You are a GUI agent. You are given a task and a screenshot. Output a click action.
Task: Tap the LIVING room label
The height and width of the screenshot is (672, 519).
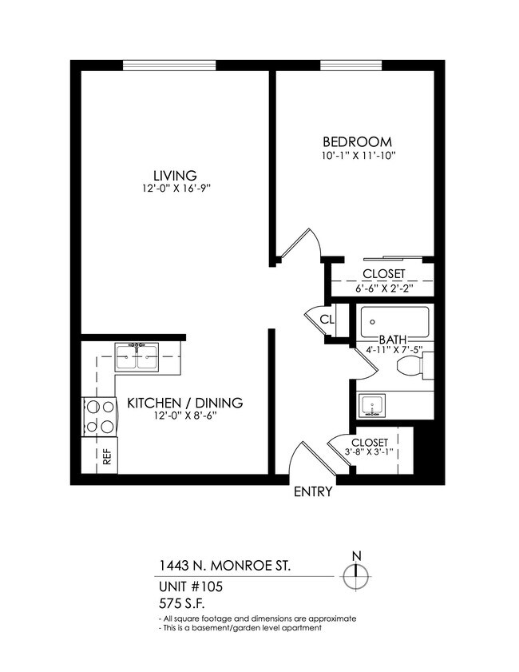tap(175, 175)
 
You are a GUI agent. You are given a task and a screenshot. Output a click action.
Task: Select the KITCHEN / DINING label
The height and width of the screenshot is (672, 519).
tap(185, 403)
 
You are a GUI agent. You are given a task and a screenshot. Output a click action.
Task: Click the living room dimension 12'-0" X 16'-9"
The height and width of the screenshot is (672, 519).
tap(175, 189)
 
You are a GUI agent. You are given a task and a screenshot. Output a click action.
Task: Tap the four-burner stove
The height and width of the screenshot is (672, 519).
tap(100, 416)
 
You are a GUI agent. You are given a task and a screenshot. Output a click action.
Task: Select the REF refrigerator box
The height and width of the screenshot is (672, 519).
tap(105, 457)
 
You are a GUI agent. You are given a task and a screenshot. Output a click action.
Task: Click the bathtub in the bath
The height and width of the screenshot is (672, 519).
tap(394, 322)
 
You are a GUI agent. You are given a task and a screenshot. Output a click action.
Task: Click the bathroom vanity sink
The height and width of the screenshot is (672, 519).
tap(372, 406)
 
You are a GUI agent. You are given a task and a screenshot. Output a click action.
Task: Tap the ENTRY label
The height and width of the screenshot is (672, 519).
tap(312, 492)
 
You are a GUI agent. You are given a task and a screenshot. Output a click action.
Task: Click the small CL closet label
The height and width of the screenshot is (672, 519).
tap(327, 319)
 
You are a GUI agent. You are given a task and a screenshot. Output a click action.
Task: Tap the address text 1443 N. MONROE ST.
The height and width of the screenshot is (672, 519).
tap(224, 566)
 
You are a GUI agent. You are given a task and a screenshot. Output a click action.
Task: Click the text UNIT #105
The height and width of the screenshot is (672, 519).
tap(191, 586)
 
